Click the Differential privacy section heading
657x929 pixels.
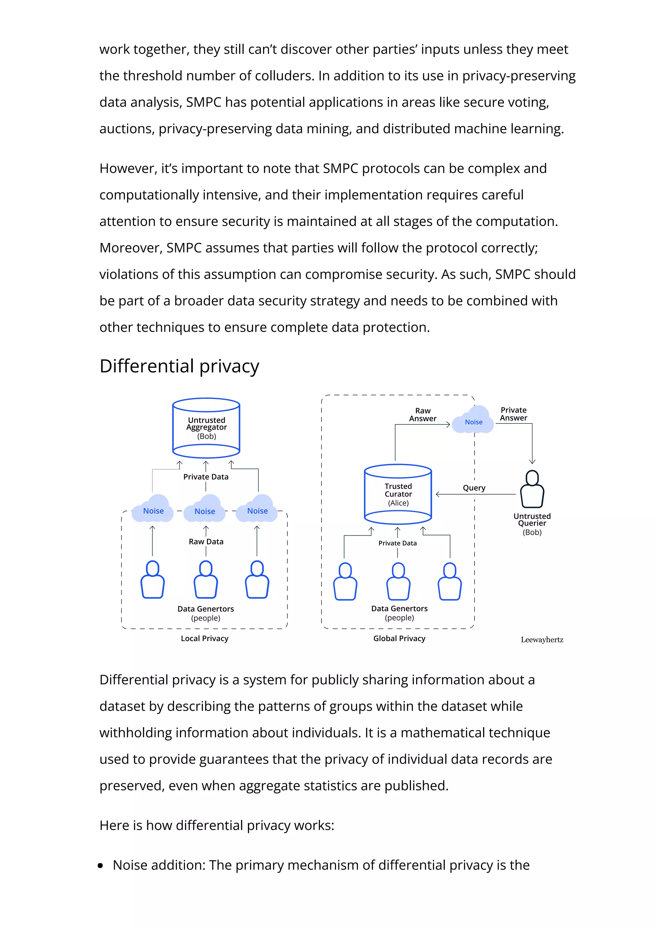179,366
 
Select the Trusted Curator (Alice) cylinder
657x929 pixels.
398,494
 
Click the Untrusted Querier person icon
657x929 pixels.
532,489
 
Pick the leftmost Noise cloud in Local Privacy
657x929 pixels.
153,511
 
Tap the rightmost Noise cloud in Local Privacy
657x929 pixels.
258,511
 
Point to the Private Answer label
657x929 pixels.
513,414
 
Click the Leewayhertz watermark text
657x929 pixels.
542,640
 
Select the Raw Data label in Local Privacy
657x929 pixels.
206,541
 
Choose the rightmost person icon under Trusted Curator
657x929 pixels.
450,582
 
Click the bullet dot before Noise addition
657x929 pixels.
100,866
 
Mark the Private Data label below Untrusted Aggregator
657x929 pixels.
206,477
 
